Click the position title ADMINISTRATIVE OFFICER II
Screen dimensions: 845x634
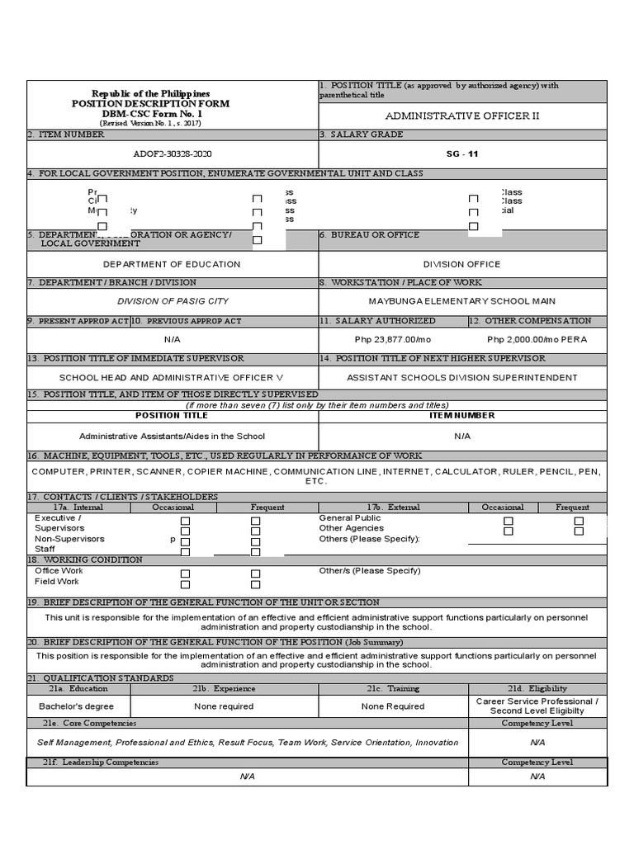point(462,116)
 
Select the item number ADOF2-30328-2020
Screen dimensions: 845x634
point(173,154)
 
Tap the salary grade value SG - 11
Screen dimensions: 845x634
point(462,154)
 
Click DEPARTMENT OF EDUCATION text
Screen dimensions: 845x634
point(172,264)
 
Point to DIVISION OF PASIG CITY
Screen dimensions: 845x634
point(173,301)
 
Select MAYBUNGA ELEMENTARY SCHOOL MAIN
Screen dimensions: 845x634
point(461,301)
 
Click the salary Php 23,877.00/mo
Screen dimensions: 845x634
point(393,339)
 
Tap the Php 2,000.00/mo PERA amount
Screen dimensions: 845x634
point(537,339)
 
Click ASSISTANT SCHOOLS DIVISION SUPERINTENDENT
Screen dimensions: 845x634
point(461,377)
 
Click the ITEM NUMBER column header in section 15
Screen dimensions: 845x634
point(462,415)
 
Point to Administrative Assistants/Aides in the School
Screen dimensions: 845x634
point(172,436)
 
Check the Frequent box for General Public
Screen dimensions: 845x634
point(580,521)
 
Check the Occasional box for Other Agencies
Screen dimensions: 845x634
point(509,531)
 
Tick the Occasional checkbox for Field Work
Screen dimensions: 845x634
point(186,584)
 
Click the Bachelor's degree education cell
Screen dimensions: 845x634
point(77,706)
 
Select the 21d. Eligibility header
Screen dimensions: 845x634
point(537,688)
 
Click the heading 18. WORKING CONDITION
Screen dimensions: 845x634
point(85,559)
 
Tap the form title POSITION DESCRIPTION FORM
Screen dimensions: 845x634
point(150,104)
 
